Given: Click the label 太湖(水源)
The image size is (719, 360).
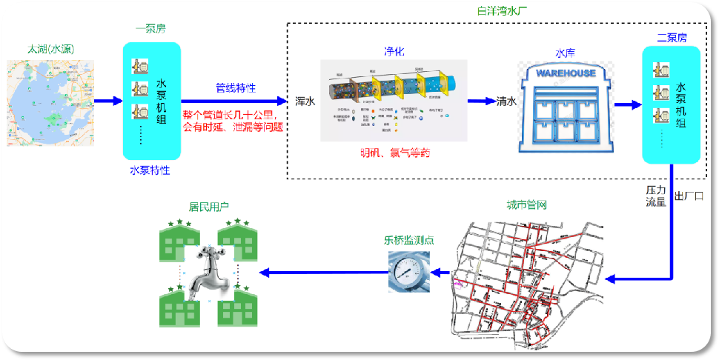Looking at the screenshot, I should [x=50, y=50].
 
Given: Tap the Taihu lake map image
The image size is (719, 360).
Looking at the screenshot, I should [x=50, y=101].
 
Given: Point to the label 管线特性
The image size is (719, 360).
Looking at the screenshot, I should [x=236, y=88].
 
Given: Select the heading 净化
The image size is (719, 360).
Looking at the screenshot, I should [x=394, y=51].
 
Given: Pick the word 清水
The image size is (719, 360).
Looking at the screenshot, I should [x=506, y=101].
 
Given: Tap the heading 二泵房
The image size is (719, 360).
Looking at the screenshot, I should [x=672, y=37].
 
